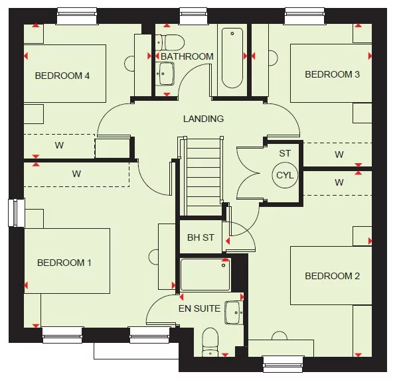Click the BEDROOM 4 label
[x=62, y=76]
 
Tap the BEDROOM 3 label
[x=332, y=74]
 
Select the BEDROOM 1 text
[x=64, y=263]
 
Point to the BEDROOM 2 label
[x=332, y=276]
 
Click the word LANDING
[x=203, y=119]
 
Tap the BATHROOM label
[x=187, y=56]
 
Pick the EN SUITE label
[x=199, y=308]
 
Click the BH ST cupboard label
[x=200, y=237]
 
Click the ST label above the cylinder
[x=285, y=153]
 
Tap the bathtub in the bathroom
[x=232, y=58]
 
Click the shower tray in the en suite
[x=205, y=275]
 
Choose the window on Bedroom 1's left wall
[x=14, y=213]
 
